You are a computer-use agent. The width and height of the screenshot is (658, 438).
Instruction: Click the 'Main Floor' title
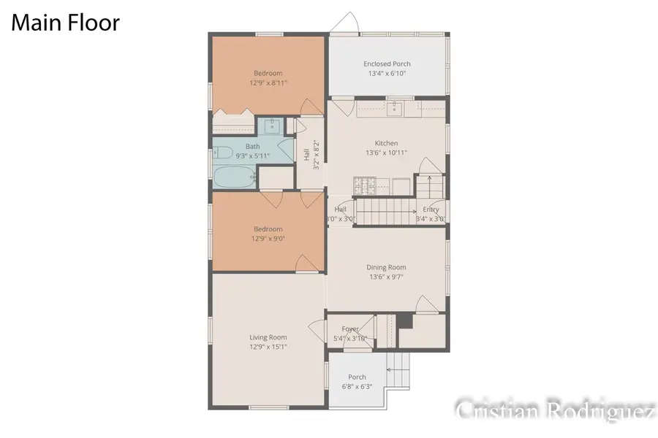tap(65, 23)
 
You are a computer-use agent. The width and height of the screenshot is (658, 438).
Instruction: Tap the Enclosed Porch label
tap(387, 64)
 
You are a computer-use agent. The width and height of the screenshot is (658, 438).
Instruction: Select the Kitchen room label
tap(386, 143)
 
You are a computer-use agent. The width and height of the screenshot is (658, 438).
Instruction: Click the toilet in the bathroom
tap(222, 153)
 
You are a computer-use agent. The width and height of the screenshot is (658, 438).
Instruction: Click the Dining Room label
tap(386, 267)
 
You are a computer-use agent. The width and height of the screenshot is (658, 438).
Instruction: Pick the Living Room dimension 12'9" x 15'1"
tap(268, 347)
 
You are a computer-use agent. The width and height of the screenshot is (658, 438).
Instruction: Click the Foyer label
tap(350, 329)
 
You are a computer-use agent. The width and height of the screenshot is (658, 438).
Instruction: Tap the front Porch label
tap(357, 377)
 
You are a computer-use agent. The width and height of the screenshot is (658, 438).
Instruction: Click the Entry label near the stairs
tap(431, 209)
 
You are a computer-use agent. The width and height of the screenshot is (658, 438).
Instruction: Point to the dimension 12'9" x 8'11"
tap(268, 82)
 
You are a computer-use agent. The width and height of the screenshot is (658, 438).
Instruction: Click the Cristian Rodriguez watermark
tap(554, 410)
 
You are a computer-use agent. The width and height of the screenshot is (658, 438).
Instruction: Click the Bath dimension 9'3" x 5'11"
tap(252, 155)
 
